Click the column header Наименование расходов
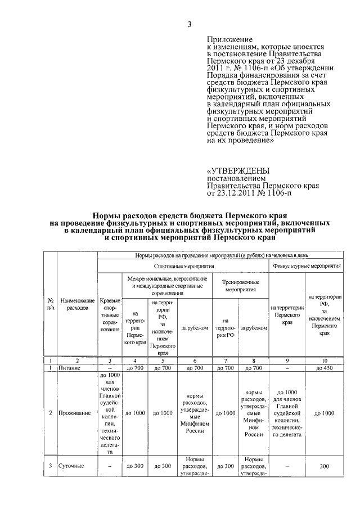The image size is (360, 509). [x=78, y=305]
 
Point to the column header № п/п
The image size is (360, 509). [x=50, y=305]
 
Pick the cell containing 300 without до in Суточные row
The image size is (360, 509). [x=324, y=466]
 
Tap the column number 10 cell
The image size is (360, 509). [x=324, y=360]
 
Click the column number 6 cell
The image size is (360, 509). [x=195, y=360]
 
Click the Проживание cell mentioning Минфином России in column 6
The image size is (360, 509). [x=195, y=413]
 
